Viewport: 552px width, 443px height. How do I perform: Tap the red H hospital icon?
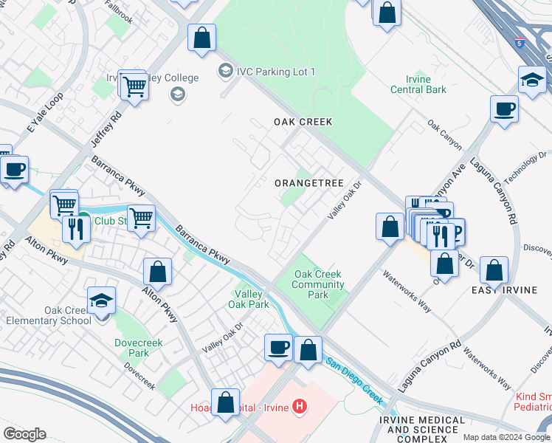pos(299,405)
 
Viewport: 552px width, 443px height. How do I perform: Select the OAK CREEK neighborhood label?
pos(303,122)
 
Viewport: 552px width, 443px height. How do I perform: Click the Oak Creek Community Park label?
pos(319,284)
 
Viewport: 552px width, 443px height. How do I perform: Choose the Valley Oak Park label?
pos(248,298)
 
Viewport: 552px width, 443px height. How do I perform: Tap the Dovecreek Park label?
pos(132,348)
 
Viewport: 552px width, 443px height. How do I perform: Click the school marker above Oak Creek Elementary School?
pos(101,301)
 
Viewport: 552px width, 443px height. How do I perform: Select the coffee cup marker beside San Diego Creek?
pos(279,347)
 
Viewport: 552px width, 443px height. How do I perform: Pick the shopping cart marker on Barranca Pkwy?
pos(141,218)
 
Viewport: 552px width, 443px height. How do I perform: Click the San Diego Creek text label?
pos(355,381)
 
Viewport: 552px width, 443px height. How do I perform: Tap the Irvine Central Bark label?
pos(426,85)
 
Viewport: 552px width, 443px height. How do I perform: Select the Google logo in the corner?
pos(24,434)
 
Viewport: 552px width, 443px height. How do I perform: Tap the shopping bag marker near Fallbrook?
pos(201,38)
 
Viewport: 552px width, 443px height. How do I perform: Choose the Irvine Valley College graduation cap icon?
pos(177,94)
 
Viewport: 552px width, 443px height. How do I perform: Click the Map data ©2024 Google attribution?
pos(506,437)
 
